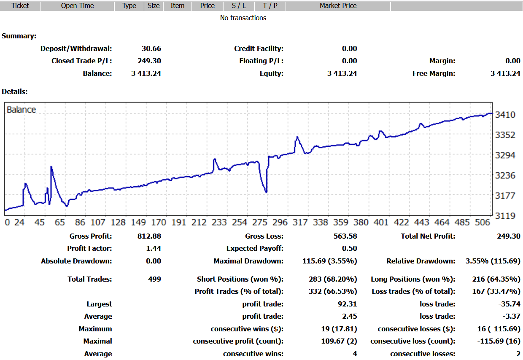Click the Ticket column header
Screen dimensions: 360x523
(x=20, y=6)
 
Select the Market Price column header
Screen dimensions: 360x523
(x=338, y=6)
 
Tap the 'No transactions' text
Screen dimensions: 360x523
(x=243, y=18)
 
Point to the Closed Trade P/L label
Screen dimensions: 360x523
(x=81, y=61)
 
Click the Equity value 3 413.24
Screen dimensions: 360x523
(x=342, y=73)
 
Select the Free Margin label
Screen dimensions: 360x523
(x=434, y=73)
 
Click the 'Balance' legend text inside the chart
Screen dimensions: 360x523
(x=22, y=110)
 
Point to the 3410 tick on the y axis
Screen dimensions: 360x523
(x=505, y=115)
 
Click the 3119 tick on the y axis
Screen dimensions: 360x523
(x=505, y=216)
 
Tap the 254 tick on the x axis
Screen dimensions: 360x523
(x=240, y=223)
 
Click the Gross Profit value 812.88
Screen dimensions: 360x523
(x=149, y=236)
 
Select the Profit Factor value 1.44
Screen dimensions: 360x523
(x=154, y=248)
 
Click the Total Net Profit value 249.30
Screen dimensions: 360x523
(x=509, y=236)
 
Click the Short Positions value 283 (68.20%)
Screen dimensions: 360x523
(x=333, y=279)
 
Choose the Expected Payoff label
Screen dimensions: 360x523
(x=255, y=248)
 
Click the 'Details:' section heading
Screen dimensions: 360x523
(x=15, y=91)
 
